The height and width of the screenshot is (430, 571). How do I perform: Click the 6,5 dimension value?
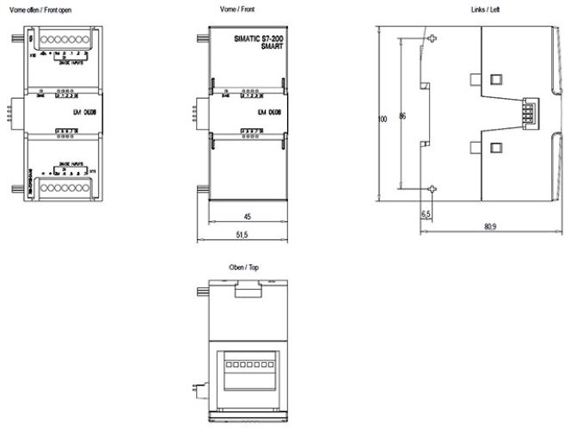pyautogui.click(x=426, y=213)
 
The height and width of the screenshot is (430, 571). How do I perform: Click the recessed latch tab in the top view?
pyautogui.click(x=248, y=292)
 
